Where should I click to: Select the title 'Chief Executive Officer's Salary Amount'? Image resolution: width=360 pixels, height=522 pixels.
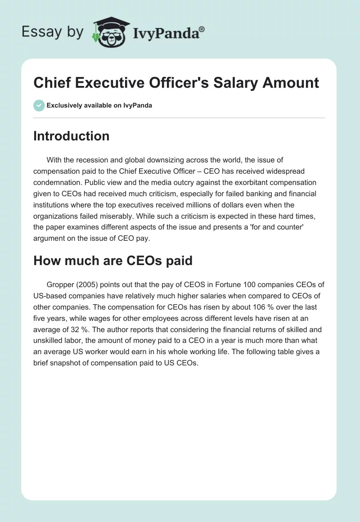(176, 82)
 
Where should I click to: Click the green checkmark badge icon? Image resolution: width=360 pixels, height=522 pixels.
(39, 105)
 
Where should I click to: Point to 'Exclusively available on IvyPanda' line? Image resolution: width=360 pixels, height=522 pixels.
(99, 105)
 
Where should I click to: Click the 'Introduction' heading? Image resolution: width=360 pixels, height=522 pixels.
(71, 136)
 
